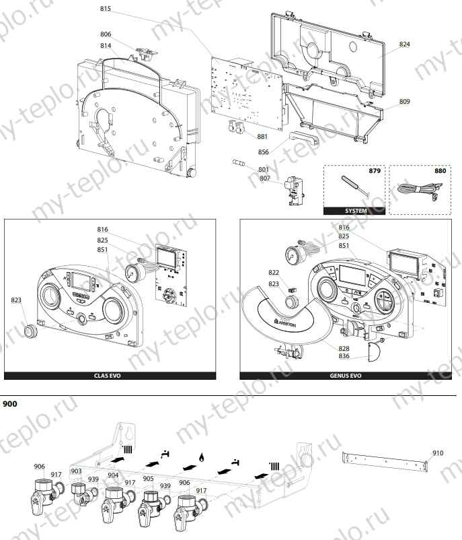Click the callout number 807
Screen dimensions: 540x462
tap(264, 178)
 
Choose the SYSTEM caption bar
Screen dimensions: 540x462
tap(356, 211)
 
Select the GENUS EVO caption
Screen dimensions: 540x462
tap(346, 376)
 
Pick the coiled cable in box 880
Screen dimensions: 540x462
tap(412, 191)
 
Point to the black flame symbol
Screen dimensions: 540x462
tap(200, 458)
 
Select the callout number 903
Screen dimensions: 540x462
tap(76, 471)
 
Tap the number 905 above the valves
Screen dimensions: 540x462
tap(148, 479)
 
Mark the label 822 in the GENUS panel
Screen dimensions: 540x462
tap(274, 273)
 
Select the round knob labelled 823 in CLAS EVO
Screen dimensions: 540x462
tap(30, 331)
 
